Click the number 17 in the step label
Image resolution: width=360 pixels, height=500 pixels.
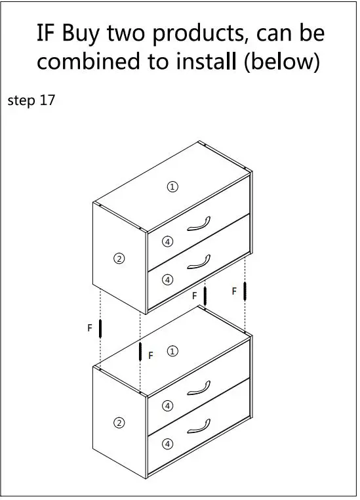point(47,101)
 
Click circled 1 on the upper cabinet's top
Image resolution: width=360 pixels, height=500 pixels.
point(172,187)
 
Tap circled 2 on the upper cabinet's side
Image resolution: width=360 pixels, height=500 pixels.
point(119,259)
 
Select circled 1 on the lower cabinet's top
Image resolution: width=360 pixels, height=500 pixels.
point(172,351)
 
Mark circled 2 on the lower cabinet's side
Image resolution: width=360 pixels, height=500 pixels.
point(119,423)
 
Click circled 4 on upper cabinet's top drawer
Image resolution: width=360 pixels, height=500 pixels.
point(168,242)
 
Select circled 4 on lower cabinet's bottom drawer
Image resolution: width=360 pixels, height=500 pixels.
point(168,444)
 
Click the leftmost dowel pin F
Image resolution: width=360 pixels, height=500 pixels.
point(100,328)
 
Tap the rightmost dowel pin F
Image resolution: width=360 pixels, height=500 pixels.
point(244,291)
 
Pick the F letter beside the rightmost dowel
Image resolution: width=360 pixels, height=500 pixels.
point(234,291)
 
